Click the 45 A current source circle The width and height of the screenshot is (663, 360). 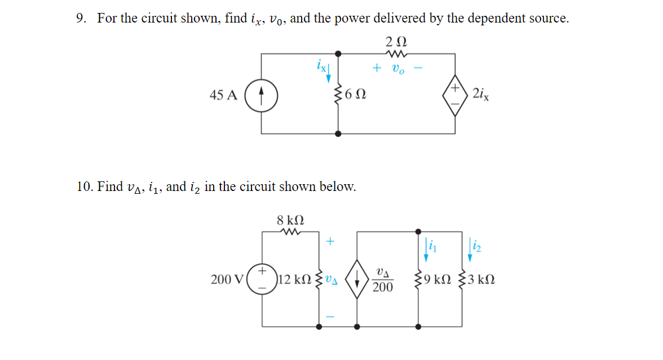click(261, 94)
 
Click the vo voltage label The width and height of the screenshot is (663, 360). click(397, 69)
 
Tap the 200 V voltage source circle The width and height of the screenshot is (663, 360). click(262, 279)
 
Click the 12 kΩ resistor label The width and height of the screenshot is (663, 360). click(294, 279)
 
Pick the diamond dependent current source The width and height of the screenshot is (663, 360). click(357, 279)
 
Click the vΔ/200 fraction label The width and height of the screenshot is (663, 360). click(383, 279)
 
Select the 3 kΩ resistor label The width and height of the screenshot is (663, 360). click(483, 279)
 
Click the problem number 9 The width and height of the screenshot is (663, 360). click(81, 19)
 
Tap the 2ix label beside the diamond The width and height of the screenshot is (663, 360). click(481, 94)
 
